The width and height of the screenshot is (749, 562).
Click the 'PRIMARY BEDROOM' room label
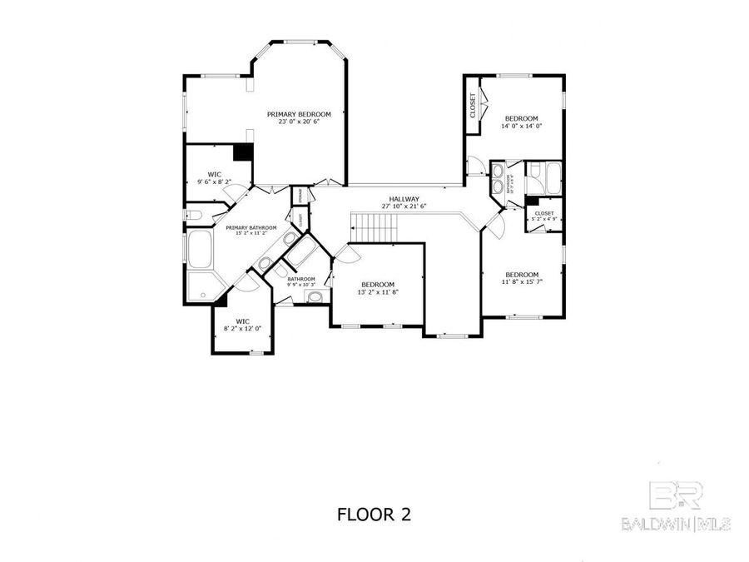pos(299,114)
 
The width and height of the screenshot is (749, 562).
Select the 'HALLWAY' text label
pos(404,199)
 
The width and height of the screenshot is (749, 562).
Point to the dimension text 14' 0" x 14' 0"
pos(522,127)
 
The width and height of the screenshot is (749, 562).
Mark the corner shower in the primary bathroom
pos(201,286)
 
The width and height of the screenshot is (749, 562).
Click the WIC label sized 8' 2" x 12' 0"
pos(242,324)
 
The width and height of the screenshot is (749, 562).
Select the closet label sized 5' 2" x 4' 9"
pos(544,217)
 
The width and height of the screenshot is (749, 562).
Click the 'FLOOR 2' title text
pos(374,515)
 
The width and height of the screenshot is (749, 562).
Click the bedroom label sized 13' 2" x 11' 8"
pos(376,288)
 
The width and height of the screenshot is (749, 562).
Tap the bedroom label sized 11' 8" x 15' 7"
pos(522,279)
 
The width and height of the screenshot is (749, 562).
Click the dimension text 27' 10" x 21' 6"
pos(404,206)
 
